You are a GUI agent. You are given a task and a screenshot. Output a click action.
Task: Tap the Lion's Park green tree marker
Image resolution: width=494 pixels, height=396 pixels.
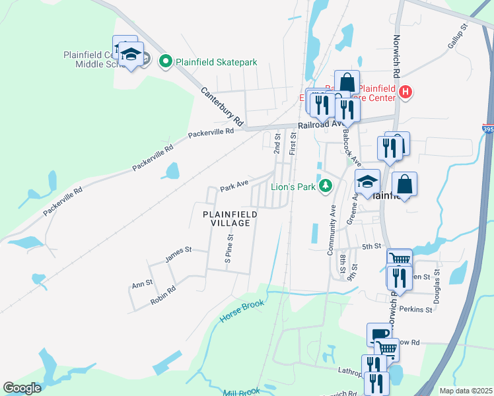324,187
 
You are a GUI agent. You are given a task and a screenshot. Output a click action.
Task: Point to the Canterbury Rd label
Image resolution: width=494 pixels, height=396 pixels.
223,107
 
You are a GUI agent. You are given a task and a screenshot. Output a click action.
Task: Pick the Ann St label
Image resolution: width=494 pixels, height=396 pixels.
142,284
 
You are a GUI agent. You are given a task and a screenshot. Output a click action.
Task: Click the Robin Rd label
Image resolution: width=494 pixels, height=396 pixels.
163,294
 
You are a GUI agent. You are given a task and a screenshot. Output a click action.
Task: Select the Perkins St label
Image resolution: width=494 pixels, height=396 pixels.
419,310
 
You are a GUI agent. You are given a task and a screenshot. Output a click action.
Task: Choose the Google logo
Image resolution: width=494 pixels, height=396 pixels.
22,388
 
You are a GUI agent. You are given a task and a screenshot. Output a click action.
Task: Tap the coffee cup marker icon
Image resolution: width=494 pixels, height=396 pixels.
379,334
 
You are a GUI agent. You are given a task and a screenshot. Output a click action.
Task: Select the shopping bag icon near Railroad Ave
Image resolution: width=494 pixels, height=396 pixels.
346,82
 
